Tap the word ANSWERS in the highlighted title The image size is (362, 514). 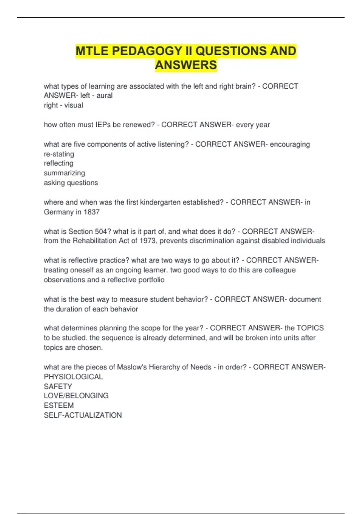[186, 65]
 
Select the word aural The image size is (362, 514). [104, 96]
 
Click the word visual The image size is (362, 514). [74, 105]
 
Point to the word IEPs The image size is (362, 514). [103, 125]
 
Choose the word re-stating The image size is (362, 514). [59, 154]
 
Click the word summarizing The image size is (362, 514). [64, 173]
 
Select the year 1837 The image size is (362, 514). [91, 212]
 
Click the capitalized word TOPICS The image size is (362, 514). [310, 328]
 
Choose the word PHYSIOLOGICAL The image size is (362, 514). [73, 377]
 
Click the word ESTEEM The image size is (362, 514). [59, 405]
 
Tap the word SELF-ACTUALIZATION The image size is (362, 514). [83, 415]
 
